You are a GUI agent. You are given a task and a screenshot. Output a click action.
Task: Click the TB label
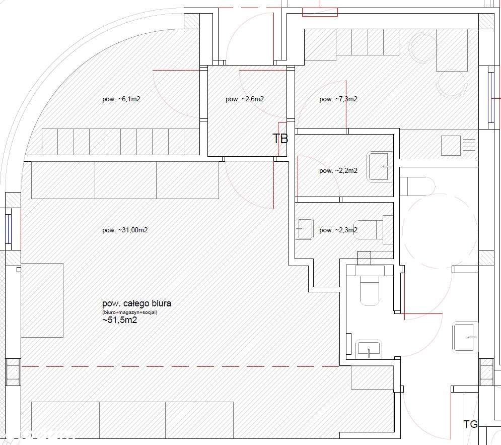click(x=280, y=139)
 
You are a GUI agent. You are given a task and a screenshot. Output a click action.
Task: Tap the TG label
click(x=470, y=424)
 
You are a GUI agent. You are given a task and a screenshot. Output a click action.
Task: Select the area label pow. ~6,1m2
click(x=121, y=99)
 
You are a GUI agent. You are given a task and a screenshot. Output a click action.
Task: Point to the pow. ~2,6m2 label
click(x=245, y=99)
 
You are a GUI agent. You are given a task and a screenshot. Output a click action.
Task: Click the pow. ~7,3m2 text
click(x=338, y=99)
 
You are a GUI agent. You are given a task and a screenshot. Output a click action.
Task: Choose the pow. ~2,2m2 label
click(x=338, y=171)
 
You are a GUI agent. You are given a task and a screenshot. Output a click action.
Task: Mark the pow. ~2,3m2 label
click(x=338, y=230)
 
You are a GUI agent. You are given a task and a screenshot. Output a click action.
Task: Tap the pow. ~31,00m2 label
click(x=125, y=230)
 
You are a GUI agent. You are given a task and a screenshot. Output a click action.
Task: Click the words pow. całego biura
click(x=136, y=303)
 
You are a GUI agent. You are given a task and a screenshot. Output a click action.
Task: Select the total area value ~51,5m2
click(x=120, y=320)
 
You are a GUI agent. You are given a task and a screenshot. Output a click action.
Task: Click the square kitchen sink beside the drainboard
click(x=451, y=145)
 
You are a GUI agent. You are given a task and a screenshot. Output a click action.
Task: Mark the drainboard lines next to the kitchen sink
click(x=469, y=145)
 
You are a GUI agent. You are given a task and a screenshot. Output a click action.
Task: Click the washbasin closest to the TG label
click(x=465, y=337)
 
